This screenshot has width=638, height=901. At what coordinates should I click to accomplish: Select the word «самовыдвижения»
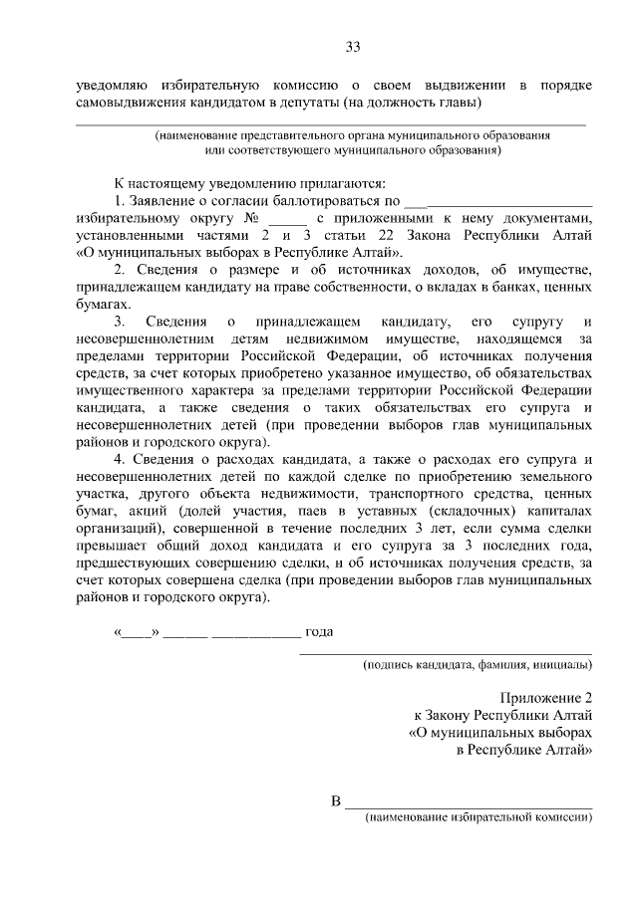pyautogui.click(x=131, y=103)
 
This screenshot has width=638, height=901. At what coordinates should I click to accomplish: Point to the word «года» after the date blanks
pyautogui.click(x=319, y=631)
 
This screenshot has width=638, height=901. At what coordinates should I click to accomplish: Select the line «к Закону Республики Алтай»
pyautogui.click(x=502, y=715)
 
